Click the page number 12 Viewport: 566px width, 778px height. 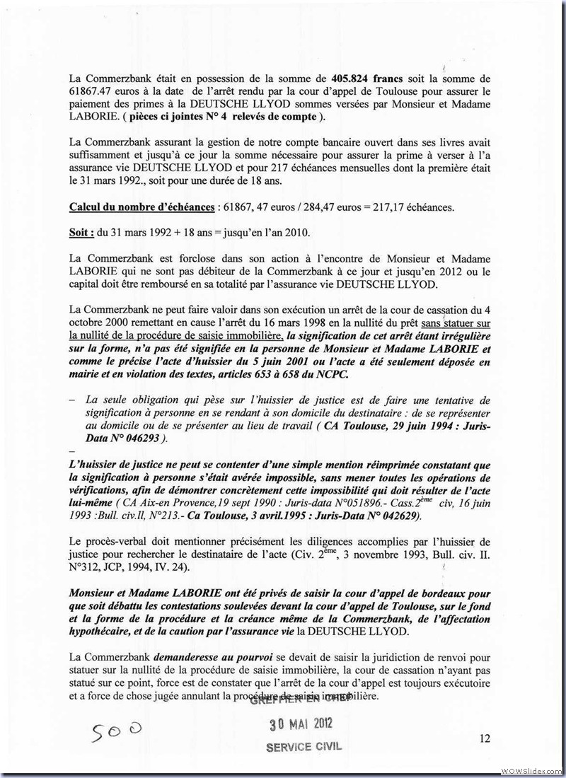pyautogui.click(x=485, y=738)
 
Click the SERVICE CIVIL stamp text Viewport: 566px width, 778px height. pyautogui.click(x=302, y=748)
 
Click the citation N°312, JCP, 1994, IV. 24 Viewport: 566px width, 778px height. pyautogui.click(x=135, y=567)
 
